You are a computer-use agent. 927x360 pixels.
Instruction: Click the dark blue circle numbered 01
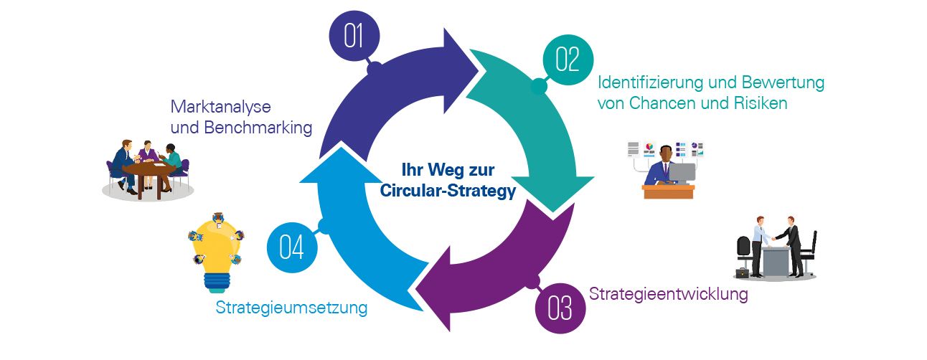[354, 36]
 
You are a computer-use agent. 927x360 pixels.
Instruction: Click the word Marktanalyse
[220, 108]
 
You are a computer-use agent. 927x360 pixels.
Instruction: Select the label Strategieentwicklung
[668, 294]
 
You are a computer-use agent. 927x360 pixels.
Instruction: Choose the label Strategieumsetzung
[291, 308]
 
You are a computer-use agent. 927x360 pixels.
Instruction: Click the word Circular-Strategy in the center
[447, 192]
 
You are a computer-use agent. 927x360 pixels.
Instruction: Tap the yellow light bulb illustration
[215, 251]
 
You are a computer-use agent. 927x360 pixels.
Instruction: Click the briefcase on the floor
[741, 273]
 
